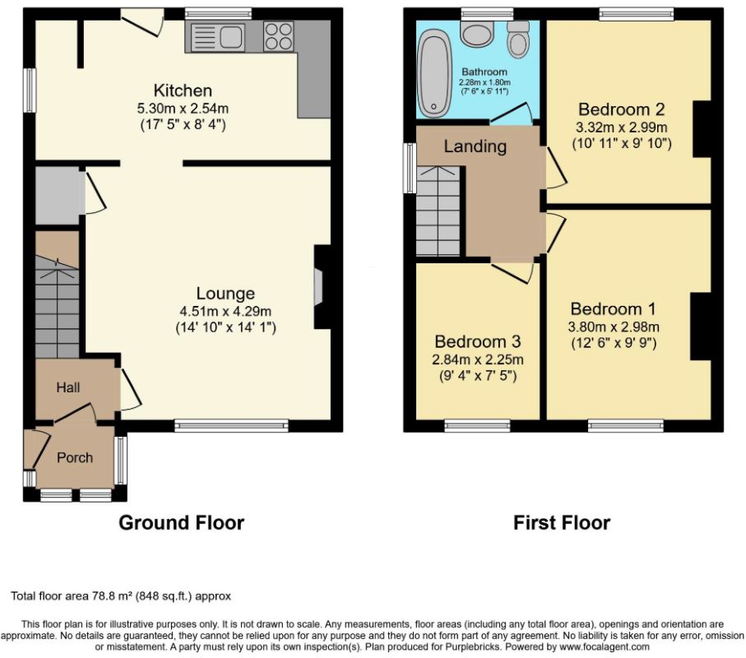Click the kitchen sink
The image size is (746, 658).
[217, 37]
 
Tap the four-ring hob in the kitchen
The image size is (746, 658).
[278, 36]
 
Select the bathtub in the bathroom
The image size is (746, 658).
[433, 73]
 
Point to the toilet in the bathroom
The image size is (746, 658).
[518, 39]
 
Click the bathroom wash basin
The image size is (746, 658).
[477, 34]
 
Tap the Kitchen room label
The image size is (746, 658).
[183, 90]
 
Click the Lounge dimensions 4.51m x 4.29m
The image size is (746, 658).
[225, 312]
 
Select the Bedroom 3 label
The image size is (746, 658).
[478, 341]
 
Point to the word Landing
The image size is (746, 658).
[475, 146]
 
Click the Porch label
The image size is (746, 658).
[75, 457]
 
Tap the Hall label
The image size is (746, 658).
[68, 387]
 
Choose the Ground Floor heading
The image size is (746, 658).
[181, 522]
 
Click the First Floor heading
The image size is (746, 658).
[562, 522]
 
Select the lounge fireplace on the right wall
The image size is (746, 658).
[322, 286]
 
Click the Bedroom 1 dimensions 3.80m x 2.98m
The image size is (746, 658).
[614, 327]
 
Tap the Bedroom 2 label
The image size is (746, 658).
[621, 109]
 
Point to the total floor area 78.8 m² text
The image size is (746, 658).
[121, 595]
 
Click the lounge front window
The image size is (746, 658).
[232, 425]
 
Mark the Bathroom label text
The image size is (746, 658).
[484, 72]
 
